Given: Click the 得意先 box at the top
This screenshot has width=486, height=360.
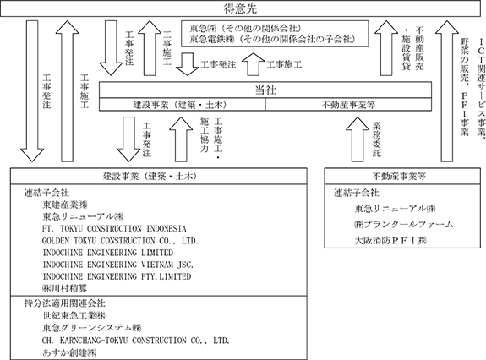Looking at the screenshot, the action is tap(240, 8).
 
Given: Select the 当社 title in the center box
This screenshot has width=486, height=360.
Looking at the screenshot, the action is tap(265, 90).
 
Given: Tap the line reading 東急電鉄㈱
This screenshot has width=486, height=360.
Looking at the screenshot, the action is tap(272, 39).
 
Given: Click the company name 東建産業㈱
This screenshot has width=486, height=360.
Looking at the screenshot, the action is tap(65, 205).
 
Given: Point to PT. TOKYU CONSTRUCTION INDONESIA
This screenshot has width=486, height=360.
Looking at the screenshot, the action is tap(114, 229).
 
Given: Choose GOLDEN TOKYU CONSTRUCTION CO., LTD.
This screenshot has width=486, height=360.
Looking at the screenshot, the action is tap(120, 241).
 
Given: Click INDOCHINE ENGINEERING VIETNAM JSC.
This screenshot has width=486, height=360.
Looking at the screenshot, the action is tap(117, 265).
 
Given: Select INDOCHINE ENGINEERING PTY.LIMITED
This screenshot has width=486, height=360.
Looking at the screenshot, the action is tap(117, 276).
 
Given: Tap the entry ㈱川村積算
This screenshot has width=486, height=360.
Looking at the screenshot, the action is tap(64, 288).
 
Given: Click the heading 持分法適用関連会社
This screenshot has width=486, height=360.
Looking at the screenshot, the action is tap(64, 303).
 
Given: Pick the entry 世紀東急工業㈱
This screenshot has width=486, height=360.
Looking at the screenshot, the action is tap(74, 315).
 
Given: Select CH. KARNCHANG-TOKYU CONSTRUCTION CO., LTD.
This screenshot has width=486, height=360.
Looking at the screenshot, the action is tap(136, 341).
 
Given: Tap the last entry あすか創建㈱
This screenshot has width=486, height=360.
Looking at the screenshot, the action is tap(69, 352).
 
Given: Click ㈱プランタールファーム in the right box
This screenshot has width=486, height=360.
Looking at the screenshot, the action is tap(403, 224).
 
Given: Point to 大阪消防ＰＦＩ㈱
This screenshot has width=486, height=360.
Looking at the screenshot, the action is tap(390, 240).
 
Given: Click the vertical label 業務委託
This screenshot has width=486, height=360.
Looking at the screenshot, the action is tap(377, 139).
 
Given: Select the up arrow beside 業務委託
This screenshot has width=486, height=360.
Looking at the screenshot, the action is tap(358, 139).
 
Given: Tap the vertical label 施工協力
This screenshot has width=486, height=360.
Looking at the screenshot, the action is tap(204, 134).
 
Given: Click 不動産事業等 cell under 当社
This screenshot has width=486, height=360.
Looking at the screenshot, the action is tap(348, 105).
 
